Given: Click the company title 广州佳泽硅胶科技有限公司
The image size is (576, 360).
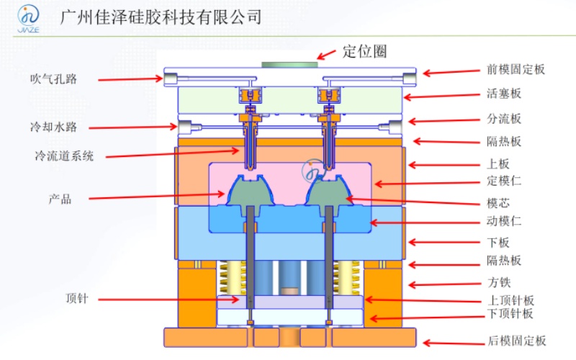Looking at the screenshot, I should [x=162, y=17].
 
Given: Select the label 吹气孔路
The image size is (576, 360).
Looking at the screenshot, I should [x=53, y=78].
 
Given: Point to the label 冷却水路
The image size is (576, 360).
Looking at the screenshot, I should [x=53, y=127].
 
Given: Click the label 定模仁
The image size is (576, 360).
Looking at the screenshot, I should [x=504, y=181].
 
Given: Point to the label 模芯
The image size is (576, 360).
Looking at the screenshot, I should [x=499, y=203].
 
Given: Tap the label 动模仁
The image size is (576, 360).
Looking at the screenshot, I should [x=504, y=222].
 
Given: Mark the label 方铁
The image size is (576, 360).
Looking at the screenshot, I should [x=499, y=282].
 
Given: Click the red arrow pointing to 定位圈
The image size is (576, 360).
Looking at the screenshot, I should [x=328, y=53].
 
